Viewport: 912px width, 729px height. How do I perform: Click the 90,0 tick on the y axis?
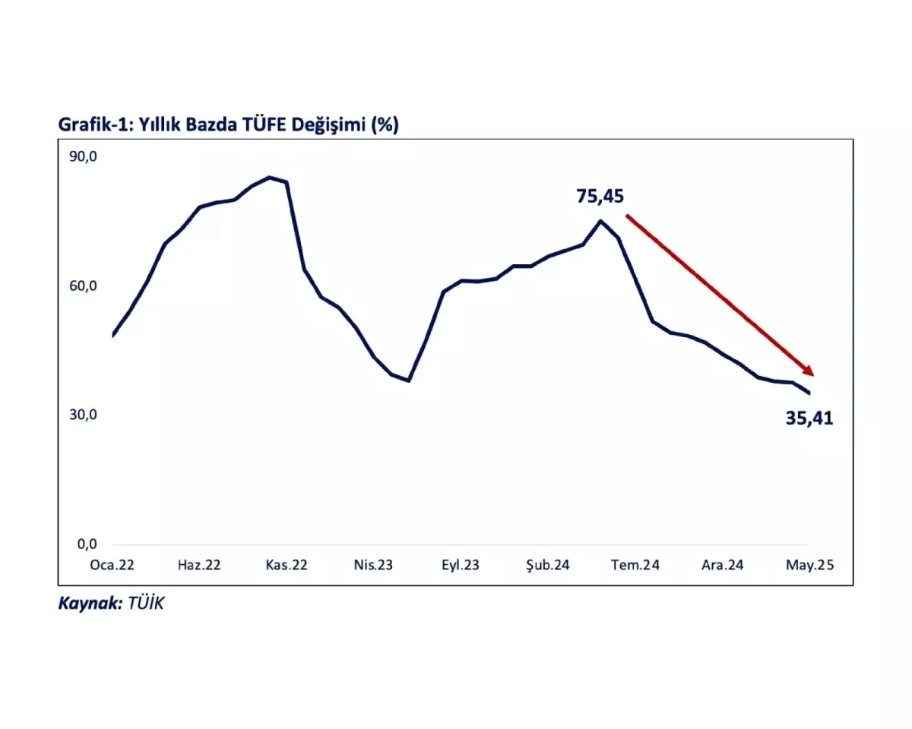[x=84, y=156]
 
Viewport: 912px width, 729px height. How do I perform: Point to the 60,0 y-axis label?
[x=84, y=286]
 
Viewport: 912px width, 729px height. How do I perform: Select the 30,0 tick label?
[x=84, y=415]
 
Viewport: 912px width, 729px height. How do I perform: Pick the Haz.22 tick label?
[x=199, y=565]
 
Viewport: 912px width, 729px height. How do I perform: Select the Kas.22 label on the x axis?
[x=287, y=565]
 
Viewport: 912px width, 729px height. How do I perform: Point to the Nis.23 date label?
[x=373, y=565]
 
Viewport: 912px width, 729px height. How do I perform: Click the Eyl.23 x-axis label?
[x=461, y=565]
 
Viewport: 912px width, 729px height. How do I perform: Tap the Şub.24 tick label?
[x=548, y=565]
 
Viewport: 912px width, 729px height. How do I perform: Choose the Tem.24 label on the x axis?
[x=635, y=565]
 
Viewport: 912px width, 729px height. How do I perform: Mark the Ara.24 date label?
[x=722, y=565]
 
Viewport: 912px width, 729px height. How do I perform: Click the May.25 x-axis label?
[x=809, y=565]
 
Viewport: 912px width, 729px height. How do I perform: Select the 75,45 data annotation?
[x=600, y=197]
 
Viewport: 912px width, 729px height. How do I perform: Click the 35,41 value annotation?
[x=809, y=418]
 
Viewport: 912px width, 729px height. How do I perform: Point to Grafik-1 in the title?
[x=89, y=125]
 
